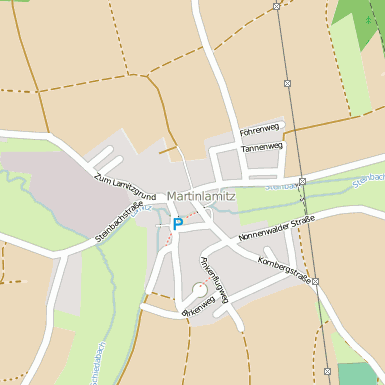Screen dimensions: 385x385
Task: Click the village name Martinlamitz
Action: coord(201,196)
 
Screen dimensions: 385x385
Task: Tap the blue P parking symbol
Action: coord(177,224)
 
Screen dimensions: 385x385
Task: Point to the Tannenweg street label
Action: coord(262,147)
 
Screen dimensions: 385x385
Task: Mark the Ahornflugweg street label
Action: coord(215,282)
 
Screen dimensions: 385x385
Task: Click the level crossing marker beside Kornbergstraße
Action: coord(314,282)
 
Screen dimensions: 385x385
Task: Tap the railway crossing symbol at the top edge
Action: coord(277,6)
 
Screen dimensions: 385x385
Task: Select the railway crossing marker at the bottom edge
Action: coord(330,371)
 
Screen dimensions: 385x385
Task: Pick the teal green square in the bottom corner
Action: coord(357,373)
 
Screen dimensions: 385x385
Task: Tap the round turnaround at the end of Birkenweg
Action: coord(197,296)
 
